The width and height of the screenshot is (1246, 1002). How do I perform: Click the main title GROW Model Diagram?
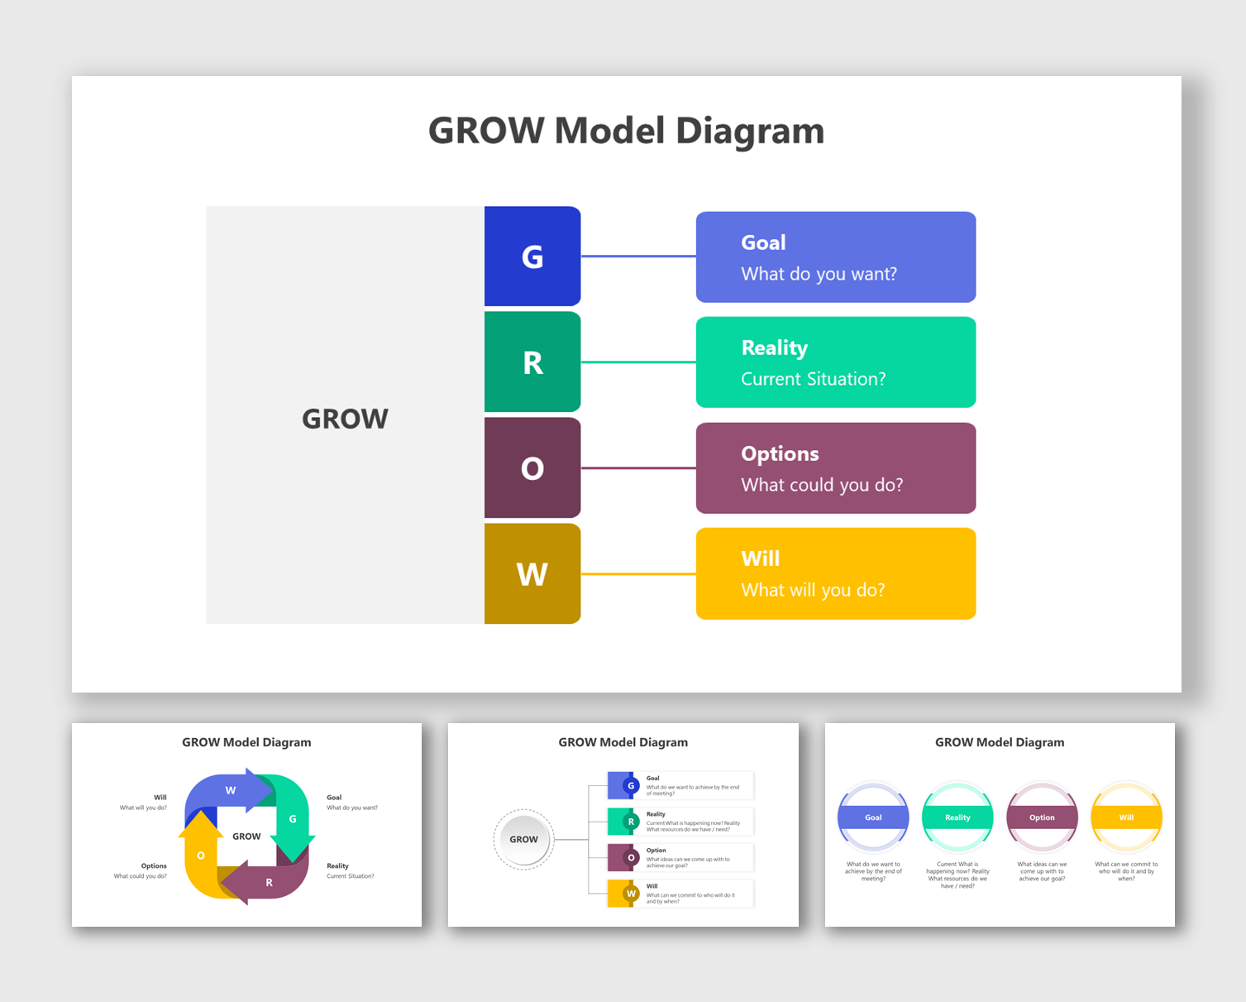coord(626,131)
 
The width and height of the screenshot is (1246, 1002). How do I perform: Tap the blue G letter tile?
coord(532,256)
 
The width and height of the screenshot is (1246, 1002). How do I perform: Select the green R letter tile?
coord(532,362)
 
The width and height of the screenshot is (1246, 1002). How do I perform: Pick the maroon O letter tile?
coord(532,468)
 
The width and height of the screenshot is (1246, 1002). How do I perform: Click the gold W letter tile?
coord(532,573)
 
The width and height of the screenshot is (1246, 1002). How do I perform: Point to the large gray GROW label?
coord(345,419)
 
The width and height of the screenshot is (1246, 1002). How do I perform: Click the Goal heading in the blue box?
coord(763,242)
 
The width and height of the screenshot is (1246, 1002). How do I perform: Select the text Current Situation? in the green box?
coord(813,379)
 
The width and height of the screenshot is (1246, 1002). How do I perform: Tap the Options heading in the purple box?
coord(780,453)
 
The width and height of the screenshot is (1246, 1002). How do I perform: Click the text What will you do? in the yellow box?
coord(813,590)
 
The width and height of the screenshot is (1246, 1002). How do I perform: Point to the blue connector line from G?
coord(638,256)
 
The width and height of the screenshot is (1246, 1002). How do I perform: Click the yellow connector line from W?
coord(638,573)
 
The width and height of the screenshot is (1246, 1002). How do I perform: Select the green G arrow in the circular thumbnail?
coord(292,819)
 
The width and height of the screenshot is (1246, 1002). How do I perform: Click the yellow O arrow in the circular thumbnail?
coord(201,855)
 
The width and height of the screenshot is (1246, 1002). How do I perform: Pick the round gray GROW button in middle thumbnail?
coord(523,839)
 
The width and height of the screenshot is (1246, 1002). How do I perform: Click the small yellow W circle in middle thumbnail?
coord(631,894)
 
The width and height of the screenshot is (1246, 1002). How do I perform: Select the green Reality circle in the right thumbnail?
coord(957,817)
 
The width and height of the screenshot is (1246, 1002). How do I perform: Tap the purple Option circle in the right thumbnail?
coord(1042,817)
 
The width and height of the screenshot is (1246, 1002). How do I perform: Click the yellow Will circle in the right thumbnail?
coord(1126,817)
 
